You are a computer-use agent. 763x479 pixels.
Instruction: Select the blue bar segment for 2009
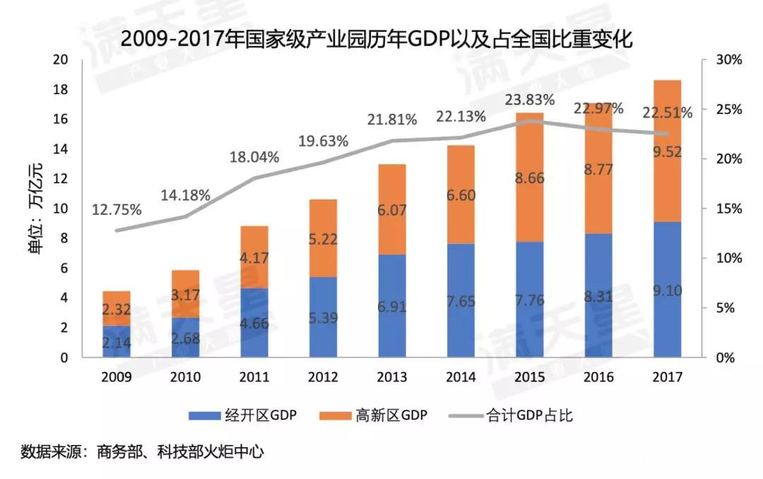click(x=117, y=342)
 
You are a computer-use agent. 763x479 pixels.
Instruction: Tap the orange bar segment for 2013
click(x=391, y=209)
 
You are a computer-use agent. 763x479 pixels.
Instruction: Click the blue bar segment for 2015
click(x=529, y=299)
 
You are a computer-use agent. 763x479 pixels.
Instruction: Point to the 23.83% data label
click(x=530, y=100)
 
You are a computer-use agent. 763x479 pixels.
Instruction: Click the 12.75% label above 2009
click(x=117, y=210)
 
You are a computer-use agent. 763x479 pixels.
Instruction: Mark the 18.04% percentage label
click(x=254, y=156)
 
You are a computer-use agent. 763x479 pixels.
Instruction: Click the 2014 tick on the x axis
click(x=460, y=377)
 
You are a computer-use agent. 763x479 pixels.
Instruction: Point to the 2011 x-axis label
click(x=254, y=377)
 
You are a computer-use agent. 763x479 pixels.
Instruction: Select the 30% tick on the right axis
click(x=728, y=60)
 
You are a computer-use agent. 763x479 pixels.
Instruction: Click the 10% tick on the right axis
click(x=728, y=258)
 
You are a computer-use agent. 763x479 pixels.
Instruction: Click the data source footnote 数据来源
click(x=142, y=451)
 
